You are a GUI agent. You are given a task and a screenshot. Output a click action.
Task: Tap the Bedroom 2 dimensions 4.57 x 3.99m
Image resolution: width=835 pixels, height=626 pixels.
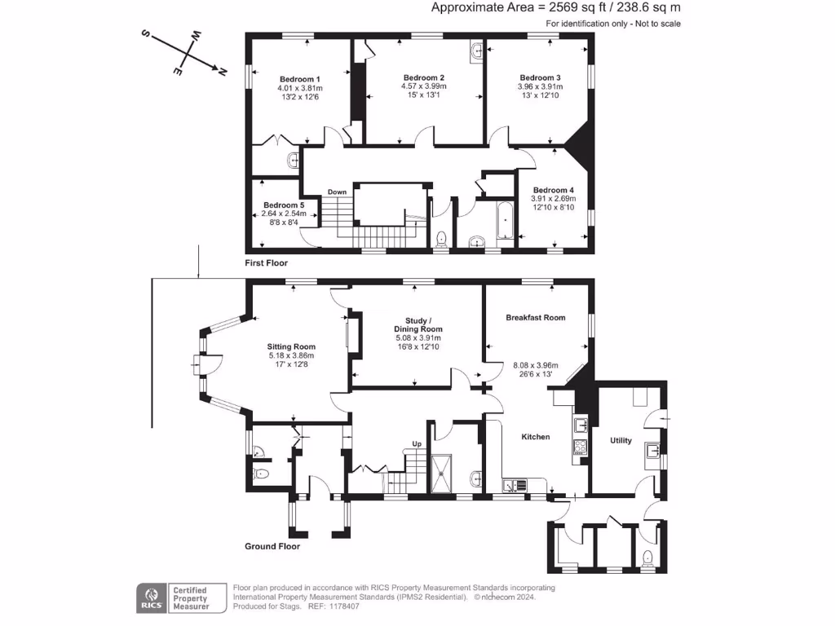[x=423, y=86]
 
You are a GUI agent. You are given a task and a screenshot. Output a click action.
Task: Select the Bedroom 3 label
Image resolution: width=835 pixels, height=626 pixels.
[x=540, y=77]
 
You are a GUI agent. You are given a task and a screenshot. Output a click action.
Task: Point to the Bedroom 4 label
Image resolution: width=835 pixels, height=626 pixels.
[x=554, y=190]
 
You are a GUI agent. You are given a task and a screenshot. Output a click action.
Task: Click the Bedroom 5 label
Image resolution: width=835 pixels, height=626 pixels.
[x=284, y=205]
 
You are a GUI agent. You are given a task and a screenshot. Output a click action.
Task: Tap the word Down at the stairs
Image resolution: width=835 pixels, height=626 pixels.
[x=338, y=192]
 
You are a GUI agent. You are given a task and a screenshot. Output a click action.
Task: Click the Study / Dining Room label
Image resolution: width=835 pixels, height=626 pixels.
[x=417, y=324]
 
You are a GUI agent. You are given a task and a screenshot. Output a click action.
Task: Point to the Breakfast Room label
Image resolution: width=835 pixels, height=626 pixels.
[x=535, y=317]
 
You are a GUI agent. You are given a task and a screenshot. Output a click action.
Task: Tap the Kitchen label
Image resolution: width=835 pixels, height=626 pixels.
[x=536, y=437]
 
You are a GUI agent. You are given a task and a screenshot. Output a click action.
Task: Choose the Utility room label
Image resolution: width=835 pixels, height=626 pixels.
[x=621, y=440]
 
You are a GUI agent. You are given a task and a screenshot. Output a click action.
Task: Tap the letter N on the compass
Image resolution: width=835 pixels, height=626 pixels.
[x=221, y=72]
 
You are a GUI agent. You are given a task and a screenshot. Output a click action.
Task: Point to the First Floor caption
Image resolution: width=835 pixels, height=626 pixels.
[x=267, y=263]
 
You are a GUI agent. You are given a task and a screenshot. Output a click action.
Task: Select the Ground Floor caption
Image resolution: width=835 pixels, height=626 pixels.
[x=272, y=546]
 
